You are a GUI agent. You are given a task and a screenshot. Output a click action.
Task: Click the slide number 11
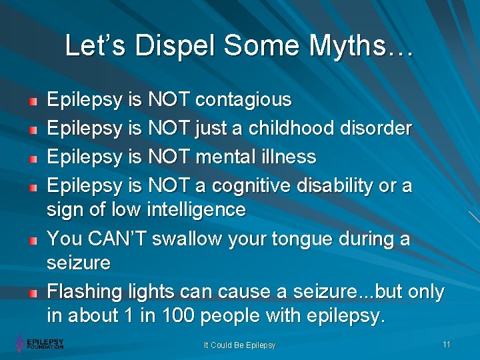click(x=446, y=344)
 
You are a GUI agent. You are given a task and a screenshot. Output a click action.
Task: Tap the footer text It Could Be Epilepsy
click(x=240, y=345)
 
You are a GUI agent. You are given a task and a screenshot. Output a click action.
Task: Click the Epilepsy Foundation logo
click(x=40, y=343)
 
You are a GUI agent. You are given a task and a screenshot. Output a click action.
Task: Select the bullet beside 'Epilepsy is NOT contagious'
click(x=33, y=101)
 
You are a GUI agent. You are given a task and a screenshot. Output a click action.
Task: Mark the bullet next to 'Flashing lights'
click(x=33, y=293)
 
